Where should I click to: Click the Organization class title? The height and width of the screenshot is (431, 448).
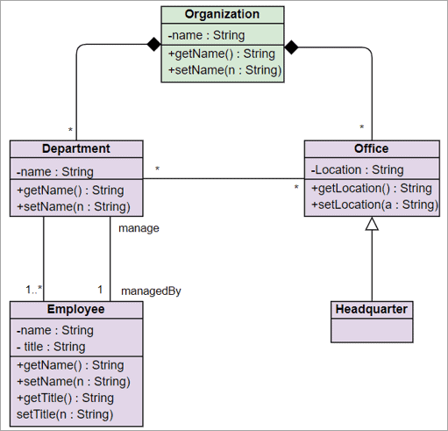(x=223, y=14)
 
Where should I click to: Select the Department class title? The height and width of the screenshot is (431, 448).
(x=76, y=148)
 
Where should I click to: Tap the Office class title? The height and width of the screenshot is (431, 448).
(x=372, y=148)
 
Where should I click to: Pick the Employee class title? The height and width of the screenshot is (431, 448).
(x=75, y=309)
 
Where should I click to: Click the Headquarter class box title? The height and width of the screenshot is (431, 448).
(x=372, y=309)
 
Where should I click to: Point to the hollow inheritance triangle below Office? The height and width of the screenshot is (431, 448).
(x=372, y=225)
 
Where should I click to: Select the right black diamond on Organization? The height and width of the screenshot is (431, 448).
(x=293, y=46)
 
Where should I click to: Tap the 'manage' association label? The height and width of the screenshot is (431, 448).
(x=138, y=227)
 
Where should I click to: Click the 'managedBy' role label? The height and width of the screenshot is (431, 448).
(x=151, y=290)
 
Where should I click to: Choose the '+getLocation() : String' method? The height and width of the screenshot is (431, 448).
(x=372, y=188)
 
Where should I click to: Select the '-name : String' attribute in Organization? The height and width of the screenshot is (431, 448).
(x=206, y=36)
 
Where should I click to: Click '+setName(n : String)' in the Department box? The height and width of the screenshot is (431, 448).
(x=73, y=207)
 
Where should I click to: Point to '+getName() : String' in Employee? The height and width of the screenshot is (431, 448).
(x=70, y=365)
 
